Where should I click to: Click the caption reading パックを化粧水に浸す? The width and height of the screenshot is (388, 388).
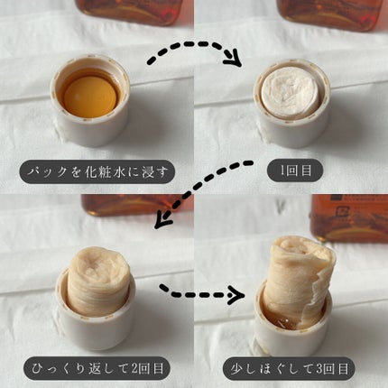coord(97,171)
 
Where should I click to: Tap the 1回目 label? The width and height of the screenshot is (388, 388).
coord(295,171)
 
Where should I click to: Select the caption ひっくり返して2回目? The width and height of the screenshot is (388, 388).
coord(97,368)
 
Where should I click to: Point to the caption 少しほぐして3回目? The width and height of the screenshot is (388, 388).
coord(289,369)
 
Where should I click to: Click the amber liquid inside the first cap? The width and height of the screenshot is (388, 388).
coord(89,94)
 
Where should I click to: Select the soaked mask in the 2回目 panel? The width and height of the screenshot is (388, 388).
coord(97,281)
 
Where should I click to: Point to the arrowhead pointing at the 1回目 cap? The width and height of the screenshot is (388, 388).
coord(233,58)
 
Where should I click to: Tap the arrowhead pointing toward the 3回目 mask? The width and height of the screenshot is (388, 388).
coord(236,295)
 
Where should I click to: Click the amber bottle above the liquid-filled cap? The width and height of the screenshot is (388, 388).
coord(130,11)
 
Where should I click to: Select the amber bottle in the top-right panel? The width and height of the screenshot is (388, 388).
coord(330,14)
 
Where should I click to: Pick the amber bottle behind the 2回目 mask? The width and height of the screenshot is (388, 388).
coord(137,205)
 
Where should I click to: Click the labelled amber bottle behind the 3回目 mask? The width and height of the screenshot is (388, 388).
coord(349,218)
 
